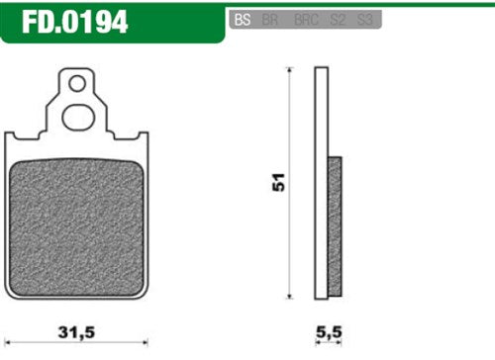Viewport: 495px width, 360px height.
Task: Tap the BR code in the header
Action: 267,19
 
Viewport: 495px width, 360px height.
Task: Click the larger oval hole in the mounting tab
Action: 77,117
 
